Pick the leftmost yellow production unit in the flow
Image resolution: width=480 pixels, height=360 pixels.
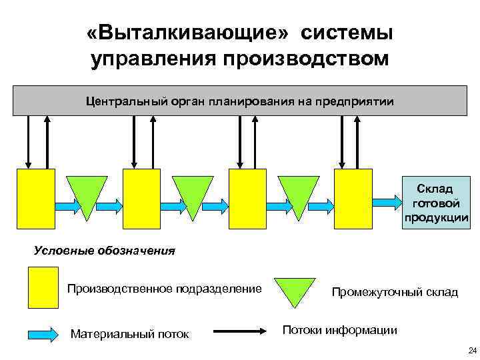[x=35, y=198]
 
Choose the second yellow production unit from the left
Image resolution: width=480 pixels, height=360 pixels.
[x=141, y=198]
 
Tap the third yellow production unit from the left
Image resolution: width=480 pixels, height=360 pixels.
[x=247, y=198]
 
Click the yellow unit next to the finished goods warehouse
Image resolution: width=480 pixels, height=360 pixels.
[x=353, y=198]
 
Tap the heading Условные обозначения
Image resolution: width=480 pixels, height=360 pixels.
[x=104, y=251]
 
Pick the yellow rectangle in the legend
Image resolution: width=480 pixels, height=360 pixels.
[x=43, y=287]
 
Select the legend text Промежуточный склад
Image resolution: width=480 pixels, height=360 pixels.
[x=395, y=292]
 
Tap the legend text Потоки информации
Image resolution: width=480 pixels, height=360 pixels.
[x=340, y=330]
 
